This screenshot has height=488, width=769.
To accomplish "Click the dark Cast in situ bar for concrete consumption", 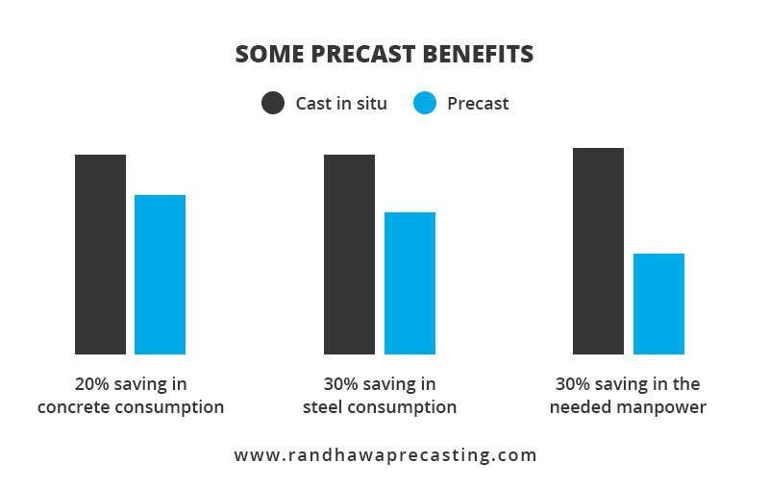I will click(x=100, y=255).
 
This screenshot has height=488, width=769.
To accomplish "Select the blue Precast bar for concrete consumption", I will click(x=160, y=275).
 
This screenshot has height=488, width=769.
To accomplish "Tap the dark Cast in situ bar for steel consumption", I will click(x=349, y=255).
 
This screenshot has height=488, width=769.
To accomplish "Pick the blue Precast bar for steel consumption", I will click(x=409, y=283).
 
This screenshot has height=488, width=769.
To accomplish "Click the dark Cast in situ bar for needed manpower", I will click(x=598, y=251).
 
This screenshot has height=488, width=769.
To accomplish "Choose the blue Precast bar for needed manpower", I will click(x=658, y=304).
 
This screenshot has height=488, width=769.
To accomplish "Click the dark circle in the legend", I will click(x=273, y=103).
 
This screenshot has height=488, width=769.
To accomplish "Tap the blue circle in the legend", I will click(x=425, y=103).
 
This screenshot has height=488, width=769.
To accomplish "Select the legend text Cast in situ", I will click(x=340, y=103).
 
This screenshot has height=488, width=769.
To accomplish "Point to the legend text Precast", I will click(x=478, y=103).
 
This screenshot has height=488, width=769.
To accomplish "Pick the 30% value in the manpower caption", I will click(x=573, y=384).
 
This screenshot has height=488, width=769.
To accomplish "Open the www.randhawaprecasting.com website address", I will click(x=385, y=454).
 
